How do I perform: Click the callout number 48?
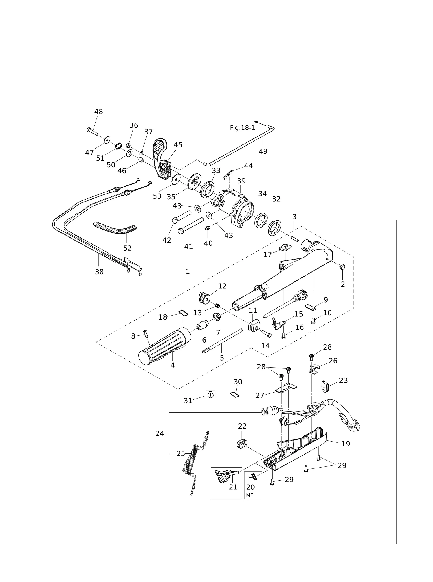tap(98, 112)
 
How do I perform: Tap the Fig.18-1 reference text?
tap(242, 128)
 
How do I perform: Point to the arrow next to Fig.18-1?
tap(260, 123)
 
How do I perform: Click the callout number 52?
tap(128, 248)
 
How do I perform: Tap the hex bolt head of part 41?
tap(181, 231)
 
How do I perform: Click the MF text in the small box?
tap(249, 495)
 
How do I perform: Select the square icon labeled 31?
tap(210, 395)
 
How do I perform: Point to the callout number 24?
tap(160, 433)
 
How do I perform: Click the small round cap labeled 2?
tap(343, 267)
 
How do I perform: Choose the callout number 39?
tap(241, 181)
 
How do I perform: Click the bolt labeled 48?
tap(92, 132)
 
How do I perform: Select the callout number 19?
tap(346, 444)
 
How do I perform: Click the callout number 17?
tap(268, 255)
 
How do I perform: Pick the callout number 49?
tap(263, 151)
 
